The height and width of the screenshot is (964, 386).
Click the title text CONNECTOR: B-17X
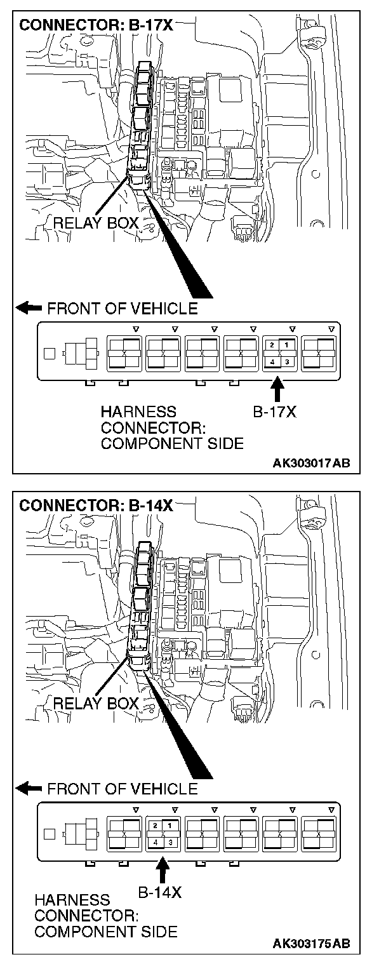coord(96,27)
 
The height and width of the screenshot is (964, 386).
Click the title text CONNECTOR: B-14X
coord(96,506)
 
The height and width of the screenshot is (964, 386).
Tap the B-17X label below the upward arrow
coord(275,412)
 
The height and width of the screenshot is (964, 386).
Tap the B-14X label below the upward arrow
coord(160,892)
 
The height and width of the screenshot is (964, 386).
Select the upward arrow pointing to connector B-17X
coord(277,388)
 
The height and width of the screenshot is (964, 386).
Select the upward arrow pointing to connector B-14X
coord(163,868)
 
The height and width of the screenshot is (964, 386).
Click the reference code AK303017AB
coord(311,464)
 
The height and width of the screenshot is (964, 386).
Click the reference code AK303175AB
coord(311,944)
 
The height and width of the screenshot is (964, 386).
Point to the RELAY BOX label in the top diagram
coord(96,223)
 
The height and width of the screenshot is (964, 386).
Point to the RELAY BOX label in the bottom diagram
coord(96,703)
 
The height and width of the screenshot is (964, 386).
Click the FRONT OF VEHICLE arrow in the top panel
coord(29,309)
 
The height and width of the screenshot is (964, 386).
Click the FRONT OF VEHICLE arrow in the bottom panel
coord(29,789)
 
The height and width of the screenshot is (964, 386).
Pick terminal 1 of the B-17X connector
coord(286,344)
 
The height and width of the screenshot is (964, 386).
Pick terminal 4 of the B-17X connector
coord(272,361)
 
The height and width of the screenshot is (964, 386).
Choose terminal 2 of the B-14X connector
coord(155,824)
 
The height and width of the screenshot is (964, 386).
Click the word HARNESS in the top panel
coord(138,412)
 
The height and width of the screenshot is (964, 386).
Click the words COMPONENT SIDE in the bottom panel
coord(105,932)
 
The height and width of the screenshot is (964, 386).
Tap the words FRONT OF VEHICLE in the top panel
coord(123,309)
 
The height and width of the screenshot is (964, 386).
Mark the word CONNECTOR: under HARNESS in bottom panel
coord(87,916)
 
